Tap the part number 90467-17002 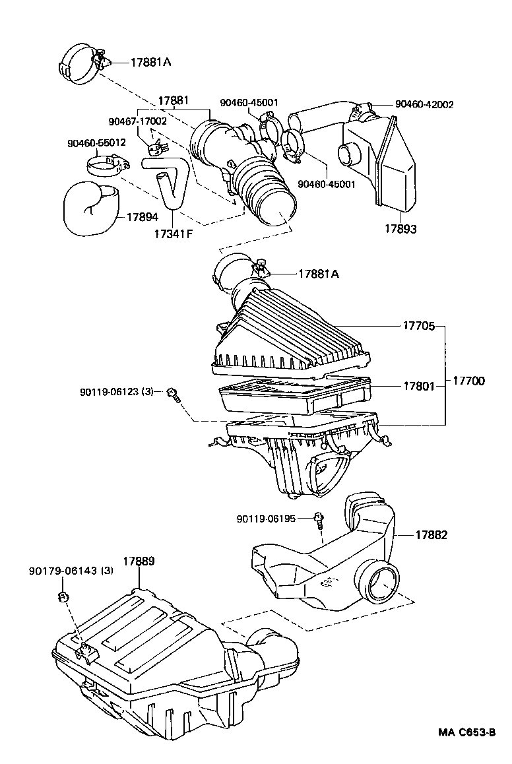tap(138, 121)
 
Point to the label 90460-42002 tap(424, 104)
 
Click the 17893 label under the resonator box tap(400, 229)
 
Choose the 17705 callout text tap(419, 325)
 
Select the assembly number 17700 tap(470, 381)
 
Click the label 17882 tap(431, 535)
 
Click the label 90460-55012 tap(96, 142)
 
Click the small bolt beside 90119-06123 tap(174, 395)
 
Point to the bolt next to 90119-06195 tap(319, 520)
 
